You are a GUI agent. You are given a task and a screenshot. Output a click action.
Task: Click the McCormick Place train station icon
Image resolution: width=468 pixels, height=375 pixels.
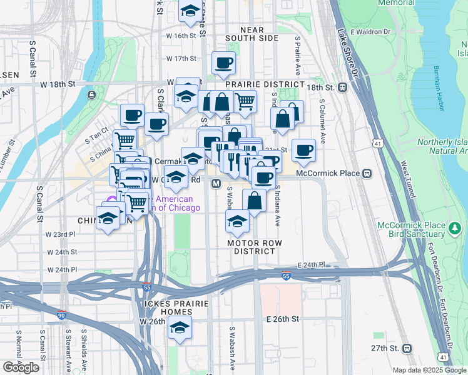pyautogui.click(x=368, y=173)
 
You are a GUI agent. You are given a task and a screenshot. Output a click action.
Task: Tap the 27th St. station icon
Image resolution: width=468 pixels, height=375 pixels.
pyautogui.click(x=407, y=348)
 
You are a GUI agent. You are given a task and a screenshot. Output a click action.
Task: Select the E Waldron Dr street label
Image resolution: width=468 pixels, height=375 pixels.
pyautogui.click(x=370, y=31)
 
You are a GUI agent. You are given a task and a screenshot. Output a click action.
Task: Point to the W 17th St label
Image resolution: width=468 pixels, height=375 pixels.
pyautogui.click(x=181, y=59)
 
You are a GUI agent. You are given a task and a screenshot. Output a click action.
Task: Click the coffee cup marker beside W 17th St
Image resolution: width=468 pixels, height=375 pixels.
pyautogui.click(x=223, y=62)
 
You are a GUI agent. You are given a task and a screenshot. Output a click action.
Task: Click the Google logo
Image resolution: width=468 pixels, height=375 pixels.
pyautogui.click(x=21, y=367)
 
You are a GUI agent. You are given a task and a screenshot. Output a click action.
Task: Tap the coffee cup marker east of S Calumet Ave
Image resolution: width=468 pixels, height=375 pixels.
pyautogui.click(x=303, y=150)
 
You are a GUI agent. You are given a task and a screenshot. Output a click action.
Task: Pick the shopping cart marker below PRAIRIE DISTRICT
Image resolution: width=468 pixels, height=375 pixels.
pyautogui.click(x=245, y=100)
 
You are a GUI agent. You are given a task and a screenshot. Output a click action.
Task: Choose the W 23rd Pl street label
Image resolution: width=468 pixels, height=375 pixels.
pyautogui.click(x=60, y=234)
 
